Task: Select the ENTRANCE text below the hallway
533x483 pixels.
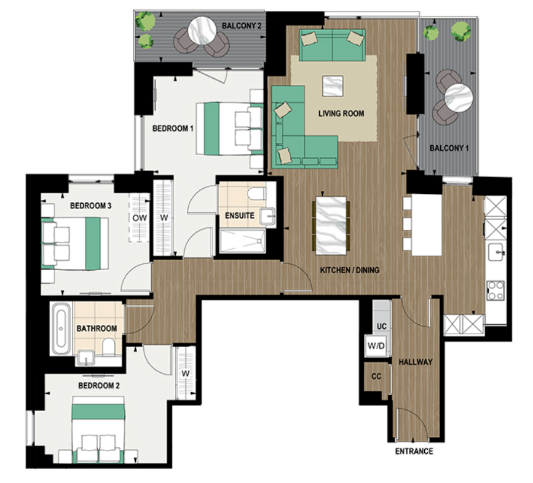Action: pos(414,452)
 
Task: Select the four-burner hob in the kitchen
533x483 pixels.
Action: pos(495,289)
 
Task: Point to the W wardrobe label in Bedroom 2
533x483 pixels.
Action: pos(184,374)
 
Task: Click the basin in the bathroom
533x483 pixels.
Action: pos(85,357)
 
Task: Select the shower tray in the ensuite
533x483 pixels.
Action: pos(240,241)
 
